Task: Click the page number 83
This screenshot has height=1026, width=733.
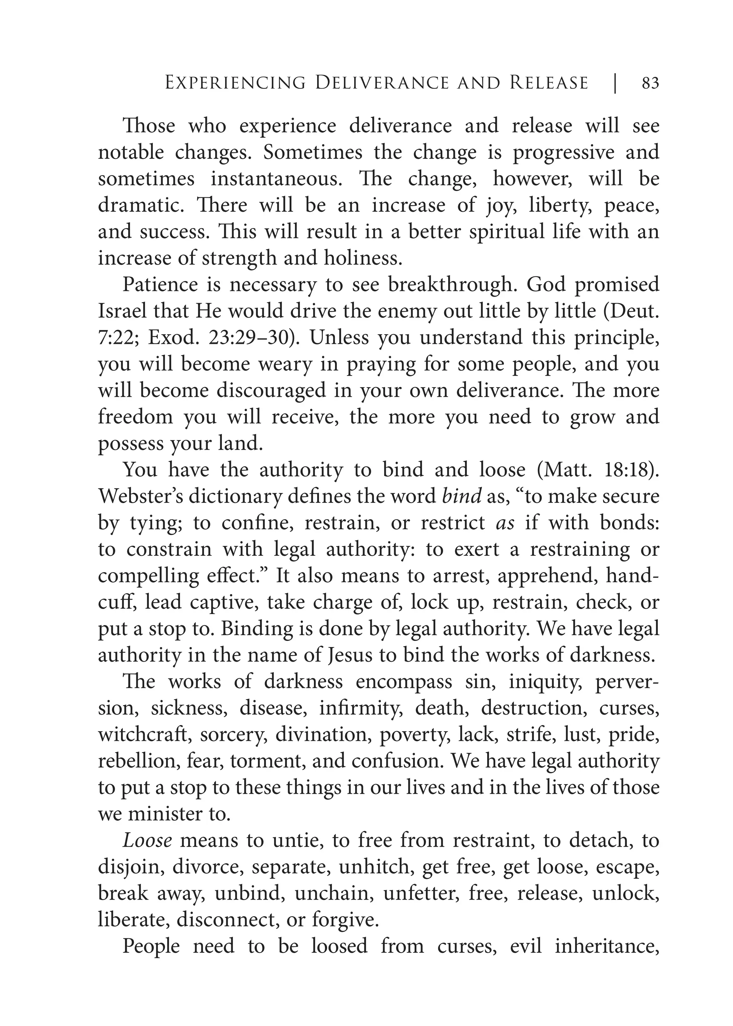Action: pyautogui.click(x=650, y=83)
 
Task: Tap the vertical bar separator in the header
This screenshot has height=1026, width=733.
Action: pyautogui.click(x=615, y=83)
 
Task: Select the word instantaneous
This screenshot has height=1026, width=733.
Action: pyautogui.click(x=276, y=179)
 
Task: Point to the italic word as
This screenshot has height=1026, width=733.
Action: pyautogui.click(x=505, y=523)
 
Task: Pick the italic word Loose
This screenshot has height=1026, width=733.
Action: pyautogui.click(x=147, y=841)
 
